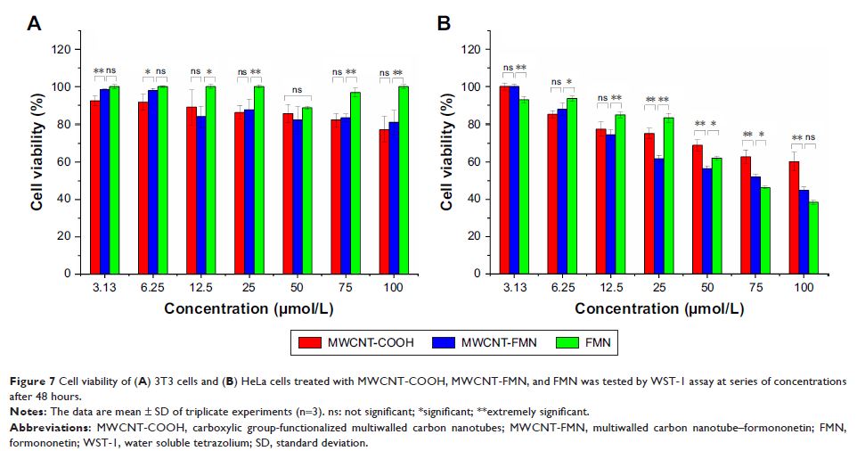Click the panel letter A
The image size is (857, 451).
point(33,23)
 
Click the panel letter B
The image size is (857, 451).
point(444,23)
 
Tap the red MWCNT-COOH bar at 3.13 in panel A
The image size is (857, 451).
point(95,187)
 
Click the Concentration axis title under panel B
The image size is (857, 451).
point(660,308)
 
